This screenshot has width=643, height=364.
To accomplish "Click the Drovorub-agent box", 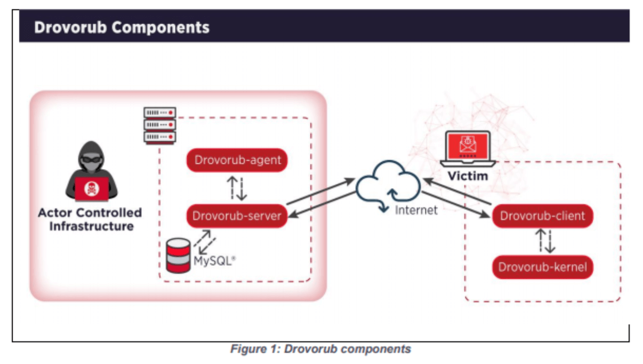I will point(237,160).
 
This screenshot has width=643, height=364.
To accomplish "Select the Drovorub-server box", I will point(237,216).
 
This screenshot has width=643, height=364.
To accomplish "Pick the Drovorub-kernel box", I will point(542,267).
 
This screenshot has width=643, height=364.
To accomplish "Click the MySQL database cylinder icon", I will point(178,255).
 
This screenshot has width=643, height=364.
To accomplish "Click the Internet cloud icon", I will point(389,184).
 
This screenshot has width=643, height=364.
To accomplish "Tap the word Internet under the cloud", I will point(416,211).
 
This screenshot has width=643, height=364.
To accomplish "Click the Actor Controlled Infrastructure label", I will point(90,220).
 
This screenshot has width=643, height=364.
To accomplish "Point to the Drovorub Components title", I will point(122,27).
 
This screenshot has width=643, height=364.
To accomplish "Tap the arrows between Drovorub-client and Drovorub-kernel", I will point(542,242).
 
